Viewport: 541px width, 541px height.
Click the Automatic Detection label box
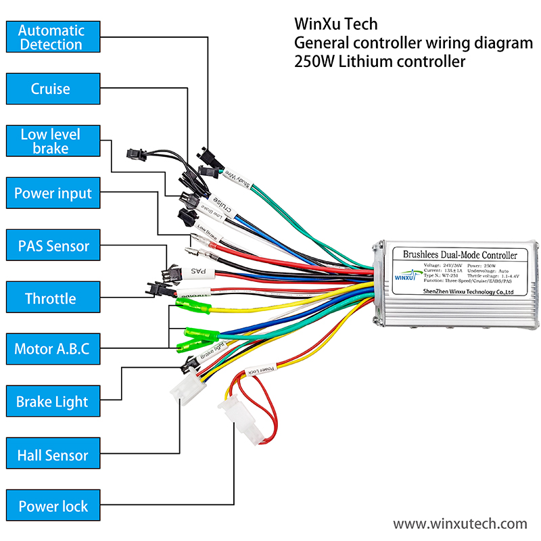(51, 37)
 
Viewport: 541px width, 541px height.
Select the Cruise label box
(51, 89)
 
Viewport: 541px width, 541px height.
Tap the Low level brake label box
(51, 141)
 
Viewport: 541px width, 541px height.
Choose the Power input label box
(53, 193)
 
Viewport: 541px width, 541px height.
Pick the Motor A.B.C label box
(52, 350)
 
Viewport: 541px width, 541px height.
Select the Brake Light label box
(52, 402)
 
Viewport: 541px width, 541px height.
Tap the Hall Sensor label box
(53, 455)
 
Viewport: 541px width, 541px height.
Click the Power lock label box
(53, 507)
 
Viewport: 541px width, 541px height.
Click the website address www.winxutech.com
(460, 523)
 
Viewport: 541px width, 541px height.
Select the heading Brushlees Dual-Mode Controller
(459, 255)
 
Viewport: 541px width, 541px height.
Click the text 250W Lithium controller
(380, 62)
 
